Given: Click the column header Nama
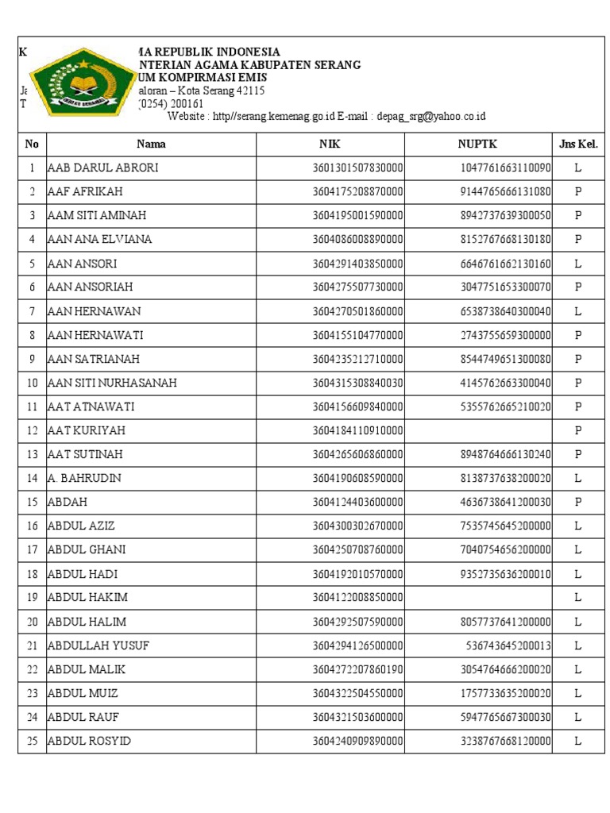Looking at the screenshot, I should tap(151, 144).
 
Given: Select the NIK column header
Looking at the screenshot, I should tap(330, 144).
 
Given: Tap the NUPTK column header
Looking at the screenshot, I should tap(477, 144).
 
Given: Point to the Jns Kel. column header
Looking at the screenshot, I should tap(578, 144).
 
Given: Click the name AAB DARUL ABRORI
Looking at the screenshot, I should tap(103, 168).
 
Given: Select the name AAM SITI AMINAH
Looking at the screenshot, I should tap(97, 216).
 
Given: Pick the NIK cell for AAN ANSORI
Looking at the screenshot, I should tap(357, 264).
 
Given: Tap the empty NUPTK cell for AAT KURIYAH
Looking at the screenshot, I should tap(478, 430).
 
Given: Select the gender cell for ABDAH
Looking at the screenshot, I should tap(578, 502).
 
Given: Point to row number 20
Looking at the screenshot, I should tap(33, 622).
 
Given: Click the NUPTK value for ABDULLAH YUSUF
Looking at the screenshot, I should tap(508, 645).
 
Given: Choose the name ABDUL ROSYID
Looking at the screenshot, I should tap(90, 741).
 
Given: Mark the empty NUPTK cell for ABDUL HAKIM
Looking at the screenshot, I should tap(478, 597).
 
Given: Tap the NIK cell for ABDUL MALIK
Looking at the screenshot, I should tap(357, 669).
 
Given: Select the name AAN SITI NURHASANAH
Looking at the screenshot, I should tap(112, 383).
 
